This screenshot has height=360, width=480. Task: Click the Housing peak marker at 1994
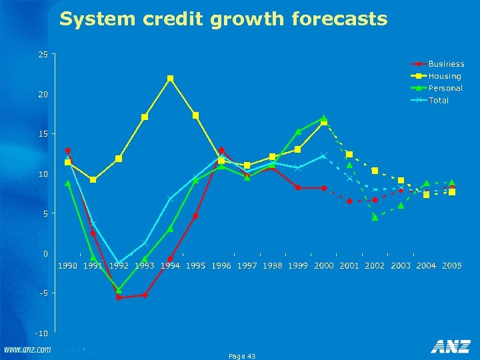click(x=170, y=79)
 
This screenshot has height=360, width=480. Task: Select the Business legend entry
click(x=446, y=64)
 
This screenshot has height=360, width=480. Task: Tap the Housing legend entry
click(x=445, y=76)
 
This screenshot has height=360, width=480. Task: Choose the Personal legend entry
click(x=445, y=88)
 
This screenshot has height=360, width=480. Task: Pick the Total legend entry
click(x=439, y=100)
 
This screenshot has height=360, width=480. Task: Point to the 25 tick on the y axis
click(x=43, y=55)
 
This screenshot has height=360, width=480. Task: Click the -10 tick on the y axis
click(x=41, y=333)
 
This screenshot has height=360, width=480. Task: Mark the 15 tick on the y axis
click(x=43, y=134)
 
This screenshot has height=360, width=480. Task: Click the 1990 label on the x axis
click(x=67, y=265)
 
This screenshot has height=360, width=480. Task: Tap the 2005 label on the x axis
click(x=451, y=265)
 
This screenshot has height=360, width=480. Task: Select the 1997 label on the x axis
click(x=247, y=265)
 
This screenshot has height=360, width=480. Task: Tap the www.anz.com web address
click(x=28, y=349)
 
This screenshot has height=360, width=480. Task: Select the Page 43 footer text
click(x=242, y=357)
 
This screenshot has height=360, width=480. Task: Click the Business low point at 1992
click(x=119, y=297)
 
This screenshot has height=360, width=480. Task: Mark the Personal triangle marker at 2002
click(x=375, y=217)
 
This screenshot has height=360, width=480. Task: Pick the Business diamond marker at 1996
click(x=221, y=151)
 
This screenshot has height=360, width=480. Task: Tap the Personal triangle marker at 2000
click(x=323, y=118)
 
